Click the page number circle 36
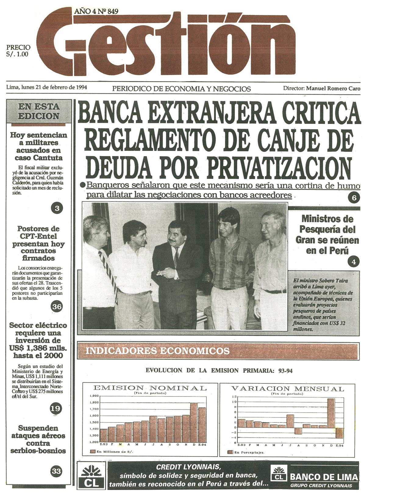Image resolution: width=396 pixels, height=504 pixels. [x=57, y=307]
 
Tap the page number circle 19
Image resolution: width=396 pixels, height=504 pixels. [x=55, y=408]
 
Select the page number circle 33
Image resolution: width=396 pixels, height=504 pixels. [x=56, y=471]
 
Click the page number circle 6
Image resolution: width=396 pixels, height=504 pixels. [x=354, y=198]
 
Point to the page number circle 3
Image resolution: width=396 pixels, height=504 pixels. [x=57, y=208]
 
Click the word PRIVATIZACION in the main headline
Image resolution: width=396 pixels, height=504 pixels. [x=259, y=167]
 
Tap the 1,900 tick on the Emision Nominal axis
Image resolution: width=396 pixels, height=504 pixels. [x=95, y=396]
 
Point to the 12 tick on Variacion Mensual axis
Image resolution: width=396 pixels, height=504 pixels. [x=234, y=396]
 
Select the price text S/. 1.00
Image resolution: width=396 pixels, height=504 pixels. [x=17, y=54]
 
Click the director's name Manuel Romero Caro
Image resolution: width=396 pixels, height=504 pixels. [x=333, y=88]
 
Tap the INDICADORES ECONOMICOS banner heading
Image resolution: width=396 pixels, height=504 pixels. [x=158, y=351]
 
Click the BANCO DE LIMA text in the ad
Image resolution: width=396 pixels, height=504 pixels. [x=324, y=477]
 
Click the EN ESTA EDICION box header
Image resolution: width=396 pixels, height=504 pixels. [x=39, y=111]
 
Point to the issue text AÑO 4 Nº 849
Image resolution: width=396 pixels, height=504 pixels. [x=96, y=12]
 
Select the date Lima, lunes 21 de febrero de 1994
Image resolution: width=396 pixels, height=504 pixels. [x=47, y=87]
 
